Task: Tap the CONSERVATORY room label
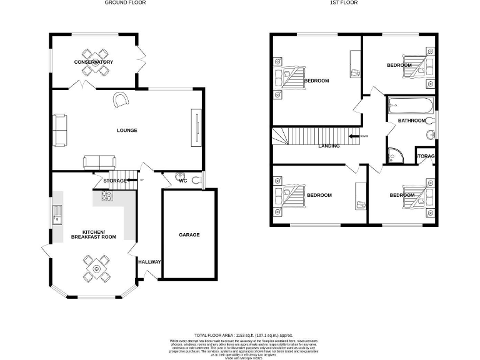(x=94, y=62)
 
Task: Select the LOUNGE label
(x=127, y=131)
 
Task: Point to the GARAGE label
(x=189, y=235)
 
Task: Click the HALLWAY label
(x=150, y=262)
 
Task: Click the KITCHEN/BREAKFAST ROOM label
(x=94, y=234)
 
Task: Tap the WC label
(x=183, y=181)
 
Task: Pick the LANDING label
(x=329, y=146)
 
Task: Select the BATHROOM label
(x=412, y=121)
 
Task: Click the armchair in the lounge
(x=121, y=99)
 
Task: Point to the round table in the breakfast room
(x=97, y=269)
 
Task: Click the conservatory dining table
(x=94, y=62)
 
